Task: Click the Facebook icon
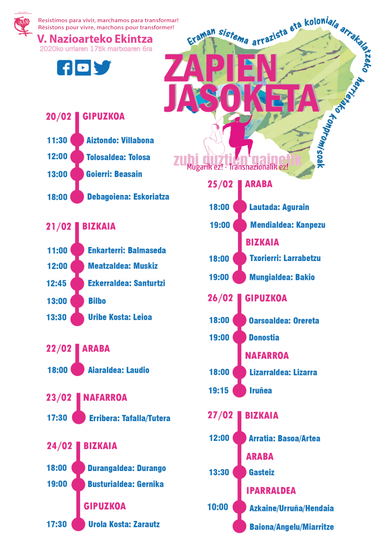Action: pos(64,67)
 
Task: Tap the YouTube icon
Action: pos(83,67)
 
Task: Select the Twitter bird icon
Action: pos(102,67)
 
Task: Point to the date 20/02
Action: pos(59,117)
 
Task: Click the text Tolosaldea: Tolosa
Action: pos(118,157)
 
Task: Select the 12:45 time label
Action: pos(57,283)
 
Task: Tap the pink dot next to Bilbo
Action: pos(78,301)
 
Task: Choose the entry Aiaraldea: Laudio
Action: pos(119,370)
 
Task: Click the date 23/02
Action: pos(59,398)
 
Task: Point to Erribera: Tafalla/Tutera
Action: pos(128,418)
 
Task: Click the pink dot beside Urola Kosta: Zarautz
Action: pos(78,524)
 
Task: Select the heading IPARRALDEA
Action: pos(271,490)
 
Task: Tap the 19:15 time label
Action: pos(219,390)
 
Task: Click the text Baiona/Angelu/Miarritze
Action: pos(292,527)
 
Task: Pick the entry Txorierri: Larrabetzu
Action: pos(285,258)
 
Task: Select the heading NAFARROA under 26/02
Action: pos(267,356)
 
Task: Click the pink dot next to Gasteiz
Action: pos(239,473)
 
